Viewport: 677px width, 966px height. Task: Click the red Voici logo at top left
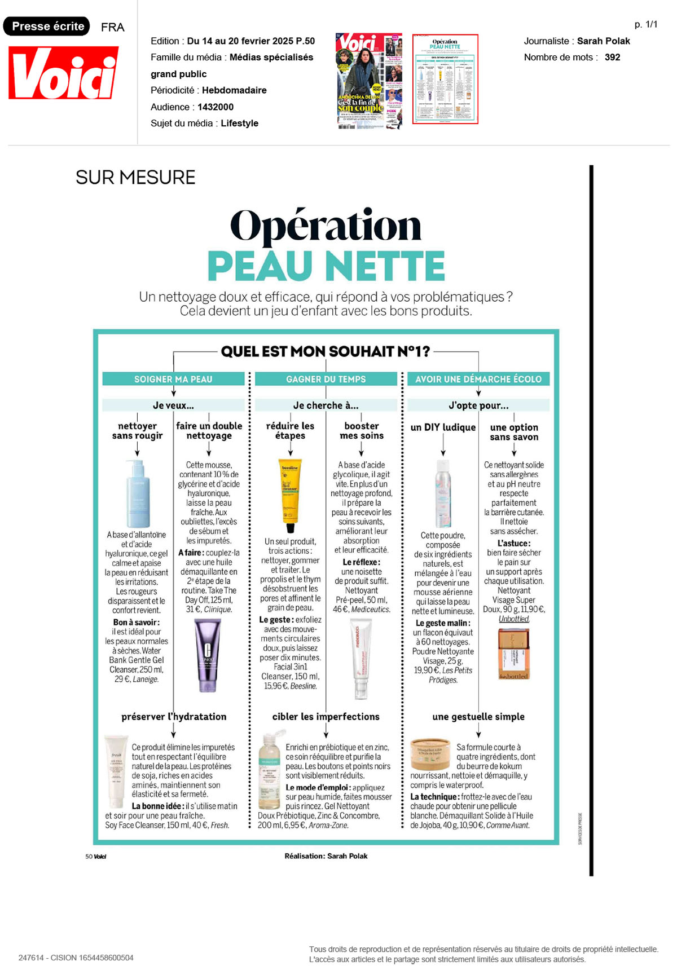[x=63, y=73]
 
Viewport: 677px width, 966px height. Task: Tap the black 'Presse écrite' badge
[x=47, y=27]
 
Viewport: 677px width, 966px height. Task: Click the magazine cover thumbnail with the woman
[x=369, y=81]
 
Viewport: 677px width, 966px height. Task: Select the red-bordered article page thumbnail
[x=445, y=79]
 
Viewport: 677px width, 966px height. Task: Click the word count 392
[x=612, y=57]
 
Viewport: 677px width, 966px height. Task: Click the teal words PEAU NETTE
[x=326, y=266]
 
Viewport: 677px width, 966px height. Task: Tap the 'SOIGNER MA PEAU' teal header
[x=173, y=379]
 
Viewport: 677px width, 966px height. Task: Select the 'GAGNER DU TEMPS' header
[x=326, y=379]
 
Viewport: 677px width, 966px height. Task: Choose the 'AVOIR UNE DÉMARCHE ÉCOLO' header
[x=478, y=379]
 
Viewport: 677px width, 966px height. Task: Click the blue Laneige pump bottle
[x=138, y=493]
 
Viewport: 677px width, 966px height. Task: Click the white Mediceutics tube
[x=361, y=657]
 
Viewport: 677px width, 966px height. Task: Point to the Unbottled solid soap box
[x=513, y=653]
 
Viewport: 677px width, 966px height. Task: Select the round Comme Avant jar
[x=430, y=754]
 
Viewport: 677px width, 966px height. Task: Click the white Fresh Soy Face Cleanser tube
[x=116, y=771]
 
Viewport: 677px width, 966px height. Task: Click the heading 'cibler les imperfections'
[x=326, y=716]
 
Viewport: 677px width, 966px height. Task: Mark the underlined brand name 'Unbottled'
[x=513, y=619]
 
